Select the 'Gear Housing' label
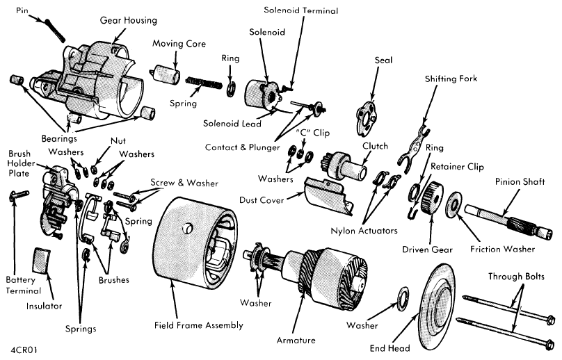coord(128,20)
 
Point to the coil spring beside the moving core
coord(204,83)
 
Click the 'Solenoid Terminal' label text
coord(300,10)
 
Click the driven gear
coord(432,197)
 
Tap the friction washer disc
coord(453,204)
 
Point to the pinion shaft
coord(508,220)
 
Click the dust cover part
coord(329,195)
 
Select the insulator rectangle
coord(42,260)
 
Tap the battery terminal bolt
coord(19,195)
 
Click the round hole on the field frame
coord(188,228)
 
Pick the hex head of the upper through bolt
coord(550,320)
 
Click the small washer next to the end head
coord(403,296)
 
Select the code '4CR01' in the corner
coord(24,350)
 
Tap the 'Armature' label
coord(296,341)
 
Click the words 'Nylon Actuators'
coord(364,231)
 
